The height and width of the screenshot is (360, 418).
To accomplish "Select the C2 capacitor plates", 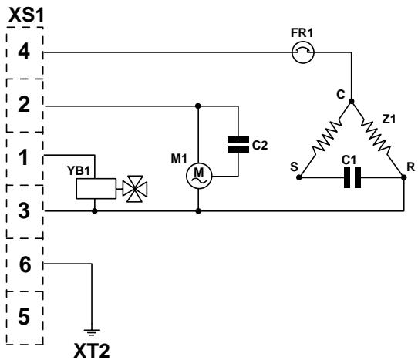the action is point(238,145).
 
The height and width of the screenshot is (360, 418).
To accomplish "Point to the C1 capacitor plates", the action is point(352,177).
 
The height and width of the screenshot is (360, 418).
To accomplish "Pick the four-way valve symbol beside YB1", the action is point(135,189).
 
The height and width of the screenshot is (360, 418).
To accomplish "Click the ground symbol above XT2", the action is point(92,332).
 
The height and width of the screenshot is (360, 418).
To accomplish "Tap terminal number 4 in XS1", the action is point(24,52).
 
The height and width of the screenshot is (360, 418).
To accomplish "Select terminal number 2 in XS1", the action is point(24,104).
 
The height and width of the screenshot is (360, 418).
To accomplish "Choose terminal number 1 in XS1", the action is point(24,157).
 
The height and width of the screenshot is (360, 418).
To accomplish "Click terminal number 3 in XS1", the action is point(24,210).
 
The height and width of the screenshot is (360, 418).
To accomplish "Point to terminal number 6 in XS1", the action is point(25,265).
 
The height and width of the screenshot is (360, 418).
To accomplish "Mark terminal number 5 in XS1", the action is point(24,317).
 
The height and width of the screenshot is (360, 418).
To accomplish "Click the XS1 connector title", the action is point(26,15).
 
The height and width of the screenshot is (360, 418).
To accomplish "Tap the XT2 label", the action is point(92,351).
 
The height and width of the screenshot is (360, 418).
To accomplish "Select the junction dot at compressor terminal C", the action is point(352,101).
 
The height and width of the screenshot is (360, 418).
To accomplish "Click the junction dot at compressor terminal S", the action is point(298,177).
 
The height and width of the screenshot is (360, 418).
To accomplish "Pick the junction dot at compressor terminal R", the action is point(404,177).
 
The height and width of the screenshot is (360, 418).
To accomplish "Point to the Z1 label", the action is point(389,119).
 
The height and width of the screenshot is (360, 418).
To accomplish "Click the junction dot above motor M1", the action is point(197,106).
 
